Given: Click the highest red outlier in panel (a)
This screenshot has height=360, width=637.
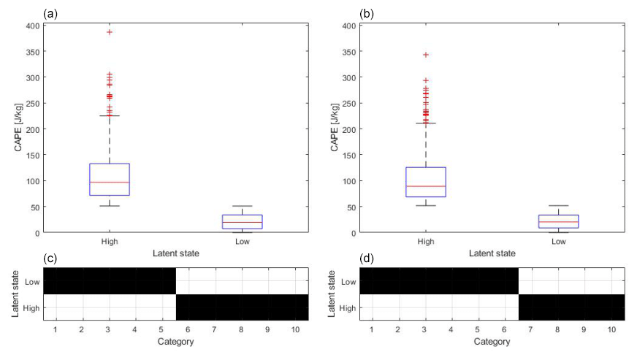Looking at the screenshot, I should click(110, 32).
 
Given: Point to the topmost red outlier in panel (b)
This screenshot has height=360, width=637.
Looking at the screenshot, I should click(426, 55).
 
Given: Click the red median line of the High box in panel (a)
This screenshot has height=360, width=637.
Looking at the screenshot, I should click(110, 182).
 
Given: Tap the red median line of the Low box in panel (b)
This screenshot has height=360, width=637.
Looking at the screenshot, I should click(559, 221).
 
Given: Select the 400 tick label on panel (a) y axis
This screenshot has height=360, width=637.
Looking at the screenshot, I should click(32, 26).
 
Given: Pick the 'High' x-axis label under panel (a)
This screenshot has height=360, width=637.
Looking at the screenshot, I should click(110, 241).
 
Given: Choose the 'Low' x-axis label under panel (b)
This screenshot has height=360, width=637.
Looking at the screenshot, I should click(559, 241).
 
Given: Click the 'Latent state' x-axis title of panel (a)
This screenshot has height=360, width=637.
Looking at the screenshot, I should click(176, 253).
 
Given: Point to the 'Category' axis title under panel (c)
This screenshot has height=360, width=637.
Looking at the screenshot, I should click(176, 342).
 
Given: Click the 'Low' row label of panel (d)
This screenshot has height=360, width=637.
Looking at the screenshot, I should click(349, 281).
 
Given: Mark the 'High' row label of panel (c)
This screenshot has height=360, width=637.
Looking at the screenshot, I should click(31, 307).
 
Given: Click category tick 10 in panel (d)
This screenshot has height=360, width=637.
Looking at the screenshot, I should click(611, 330).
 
